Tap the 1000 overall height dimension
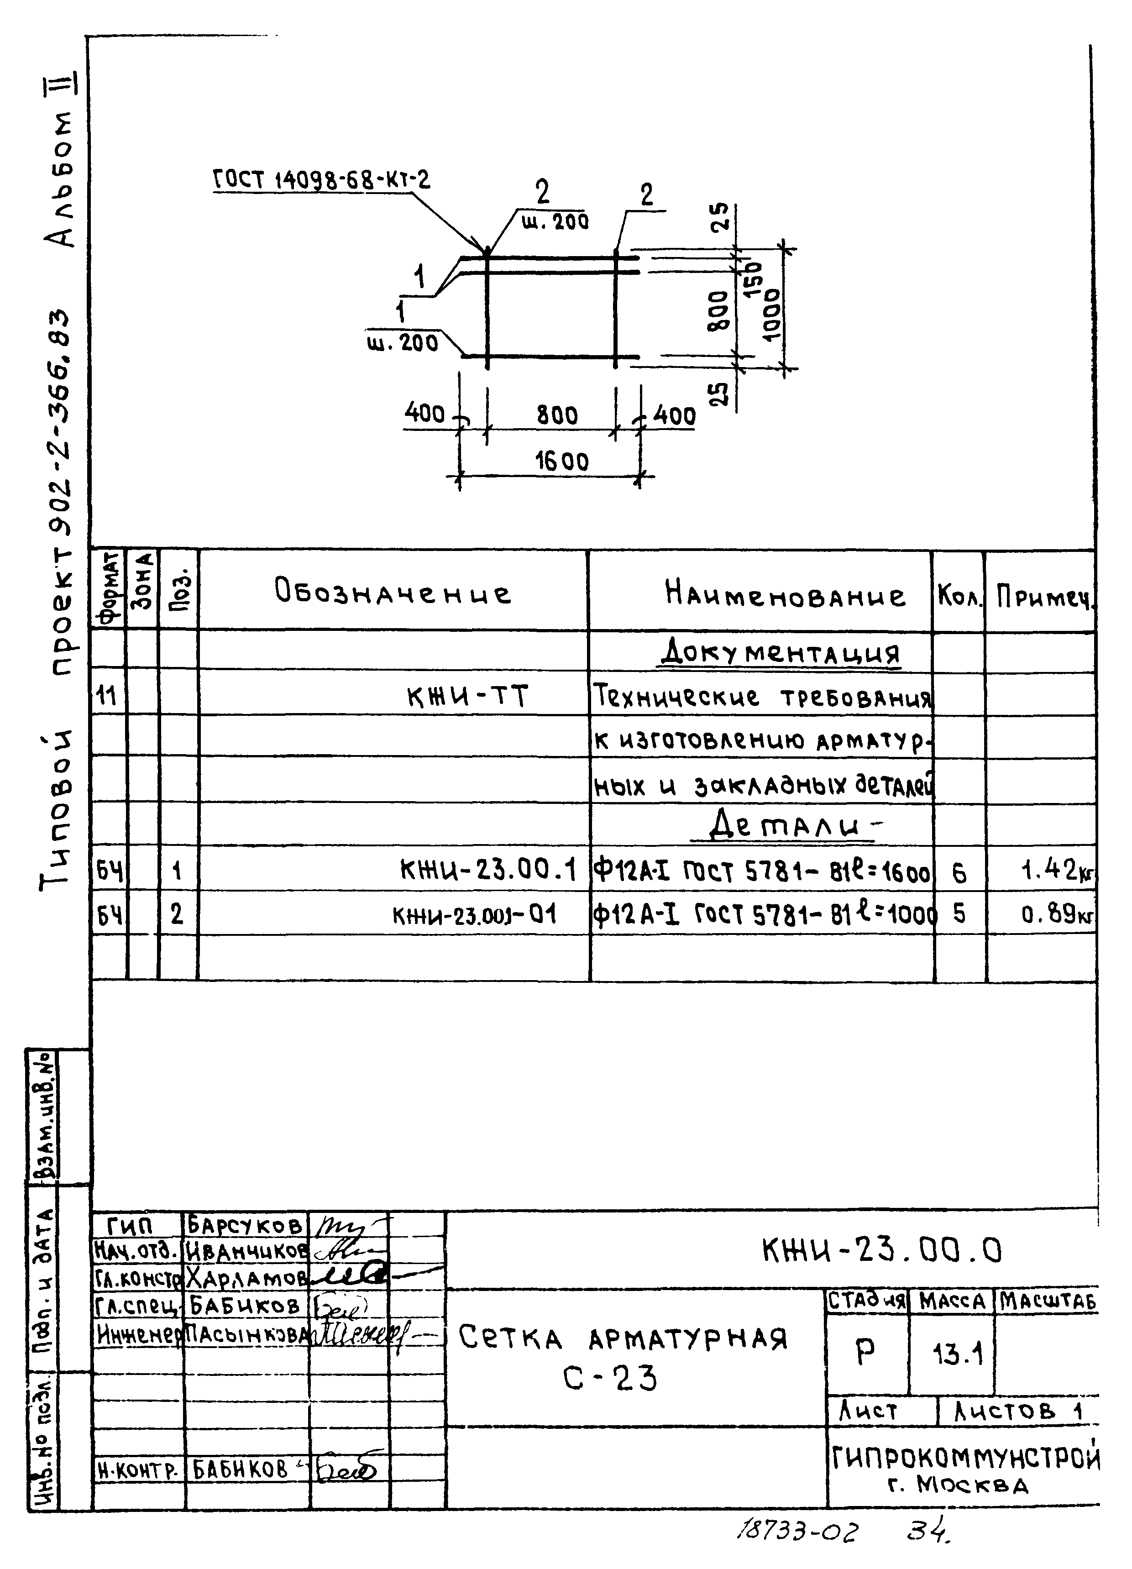click(x=772, y=313)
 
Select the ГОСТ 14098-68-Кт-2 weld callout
click(x=321, y=181)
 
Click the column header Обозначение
click(x=393, y=592)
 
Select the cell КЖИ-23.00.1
click(x=488, y=870)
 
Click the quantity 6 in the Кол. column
click(x=959, y=873)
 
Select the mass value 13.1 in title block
click(x=958, y=1354)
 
